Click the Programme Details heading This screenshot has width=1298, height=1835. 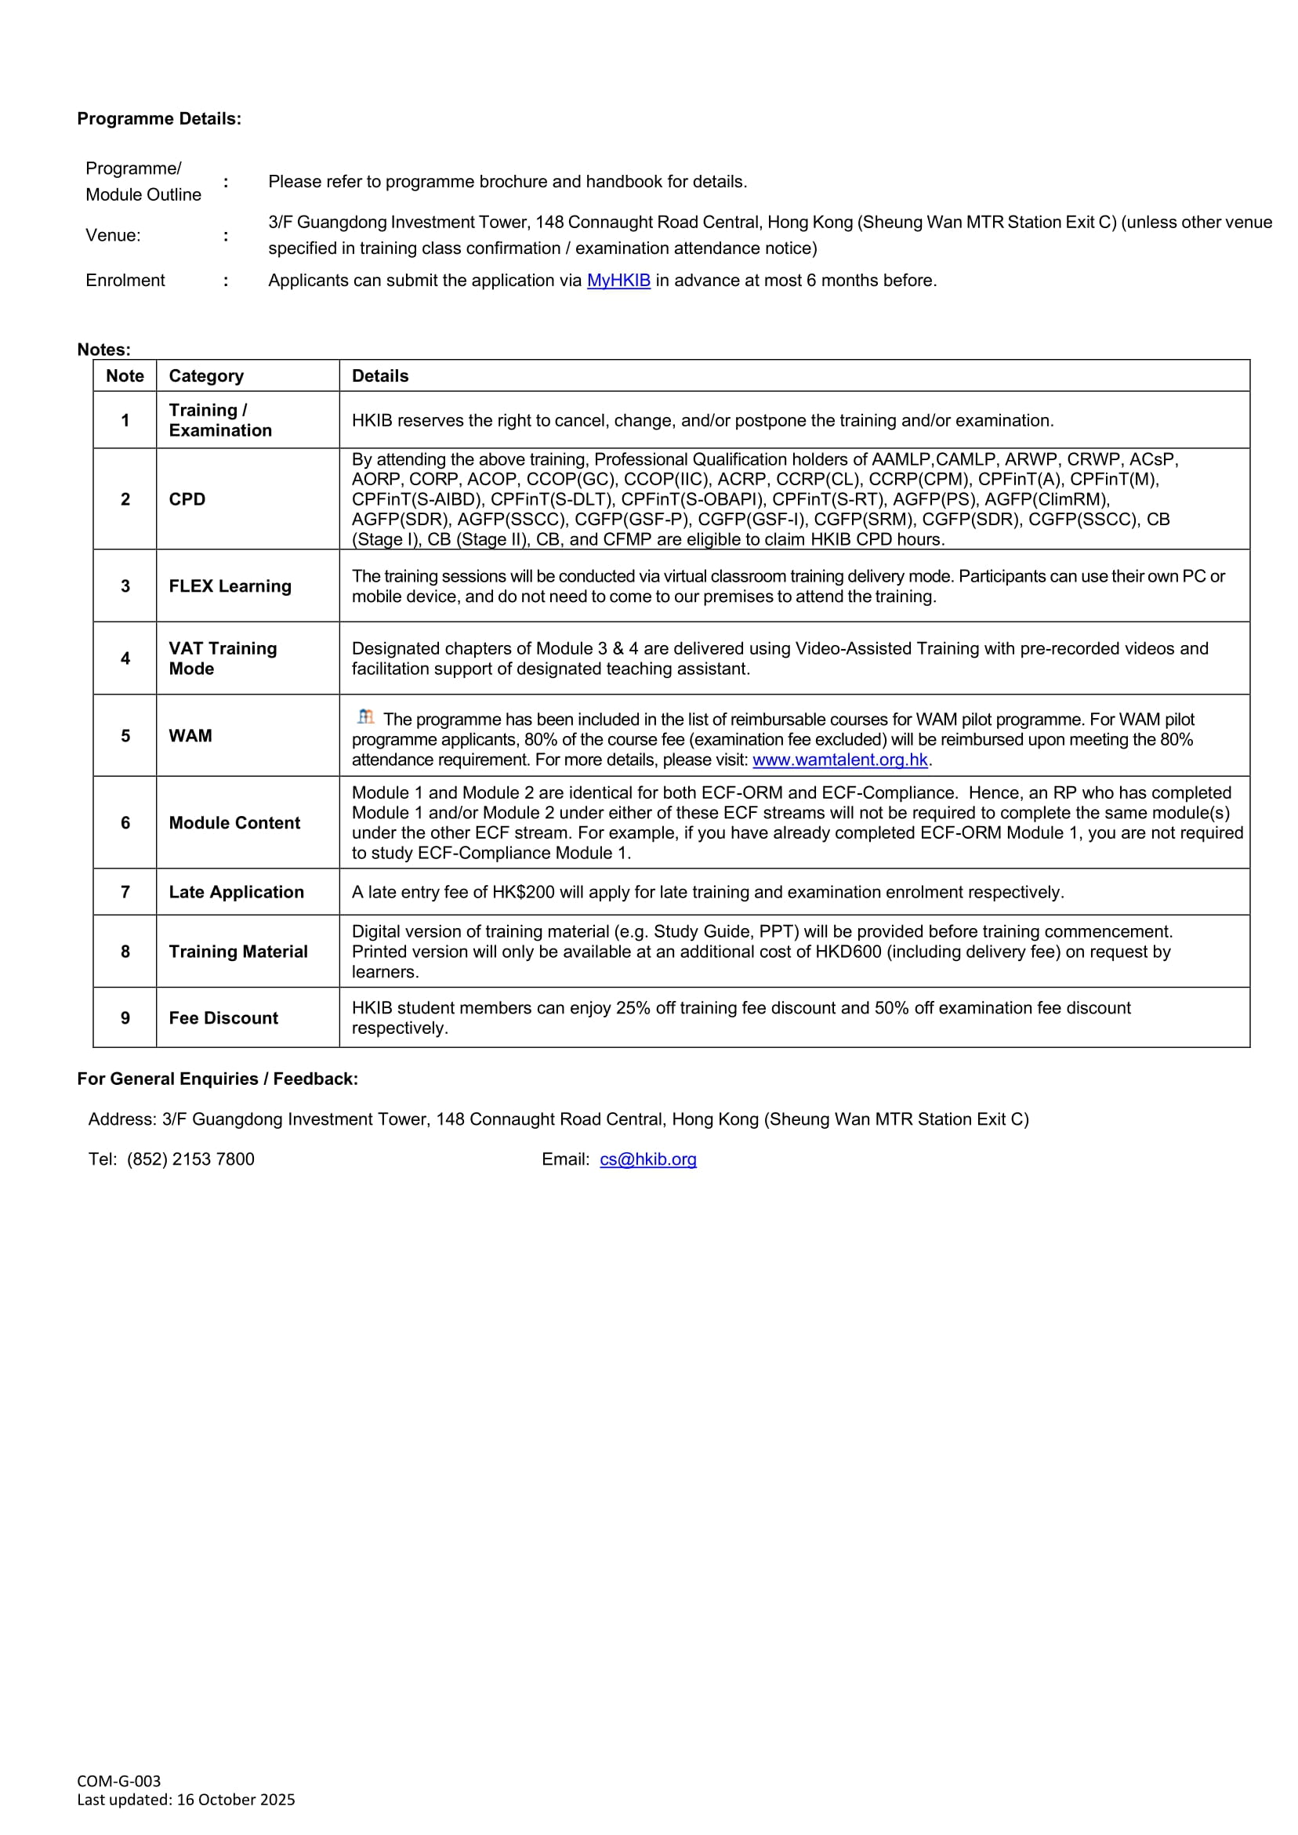tap(159, 119)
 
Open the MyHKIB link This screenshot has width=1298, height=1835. tap(618, 281)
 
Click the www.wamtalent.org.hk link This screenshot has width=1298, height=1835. tap(840, 760)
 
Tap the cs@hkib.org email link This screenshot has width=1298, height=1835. tap(648, 1159)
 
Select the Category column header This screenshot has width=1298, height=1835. tap(206, 376)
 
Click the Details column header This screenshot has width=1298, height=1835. tap(380, 376)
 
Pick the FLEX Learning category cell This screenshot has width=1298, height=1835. tap(230, 586)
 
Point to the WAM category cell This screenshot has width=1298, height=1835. tap(190, 736)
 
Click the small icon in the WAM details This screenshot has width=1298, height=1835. tap(365, 717)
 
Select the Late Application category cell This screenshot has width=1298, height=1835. tap(237, 893)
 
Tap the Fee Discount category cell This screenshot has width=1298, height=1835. tap(224, 1018)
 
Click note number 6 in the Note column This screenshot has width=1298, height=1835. tap(125, 823)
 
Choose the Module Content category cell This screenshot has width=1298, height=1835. tap(234, 823)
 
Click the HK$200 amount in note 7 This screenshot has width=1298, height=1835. tap(524, 893)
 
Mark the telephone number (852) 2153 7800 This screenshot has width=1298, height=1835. tap(190, 1159)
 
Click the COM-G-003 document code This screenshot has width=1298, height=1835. tap(119, 1782)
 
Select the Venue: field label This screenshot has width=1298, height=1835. tap(113, 236)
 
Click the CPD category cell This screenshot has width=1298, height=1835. tap(187, 499)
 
